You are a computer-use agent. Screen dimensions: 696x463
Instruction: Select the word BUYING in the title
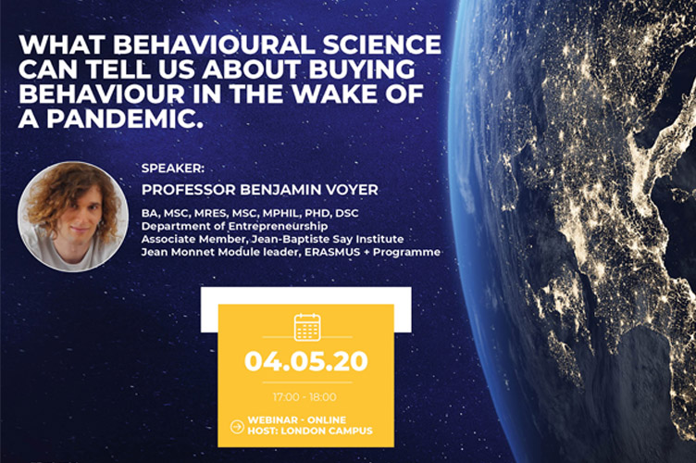362,69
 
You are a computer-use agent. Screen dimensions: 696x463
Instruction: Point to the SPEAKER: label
173,169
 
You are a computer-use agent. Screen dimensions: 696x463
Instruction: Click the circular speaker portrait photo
73,217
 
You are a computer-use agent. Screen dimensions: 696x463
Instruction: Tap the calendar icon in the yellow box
307,327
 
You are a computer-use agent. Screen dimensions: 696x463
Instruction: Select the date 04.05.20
306,361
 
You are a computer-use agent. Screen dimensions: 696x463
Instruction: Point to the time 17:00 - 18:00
304,397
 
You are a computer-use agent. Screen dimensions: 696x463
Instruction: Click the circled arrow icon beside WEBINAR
238,427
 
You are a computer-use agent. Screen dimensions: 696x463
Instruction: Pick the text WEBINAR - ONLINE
297,419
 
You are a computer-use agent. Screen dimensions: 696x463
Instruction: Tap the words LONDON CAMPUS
327,431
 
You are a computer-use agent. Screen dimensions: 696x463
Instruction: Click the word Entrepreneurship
279,226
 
